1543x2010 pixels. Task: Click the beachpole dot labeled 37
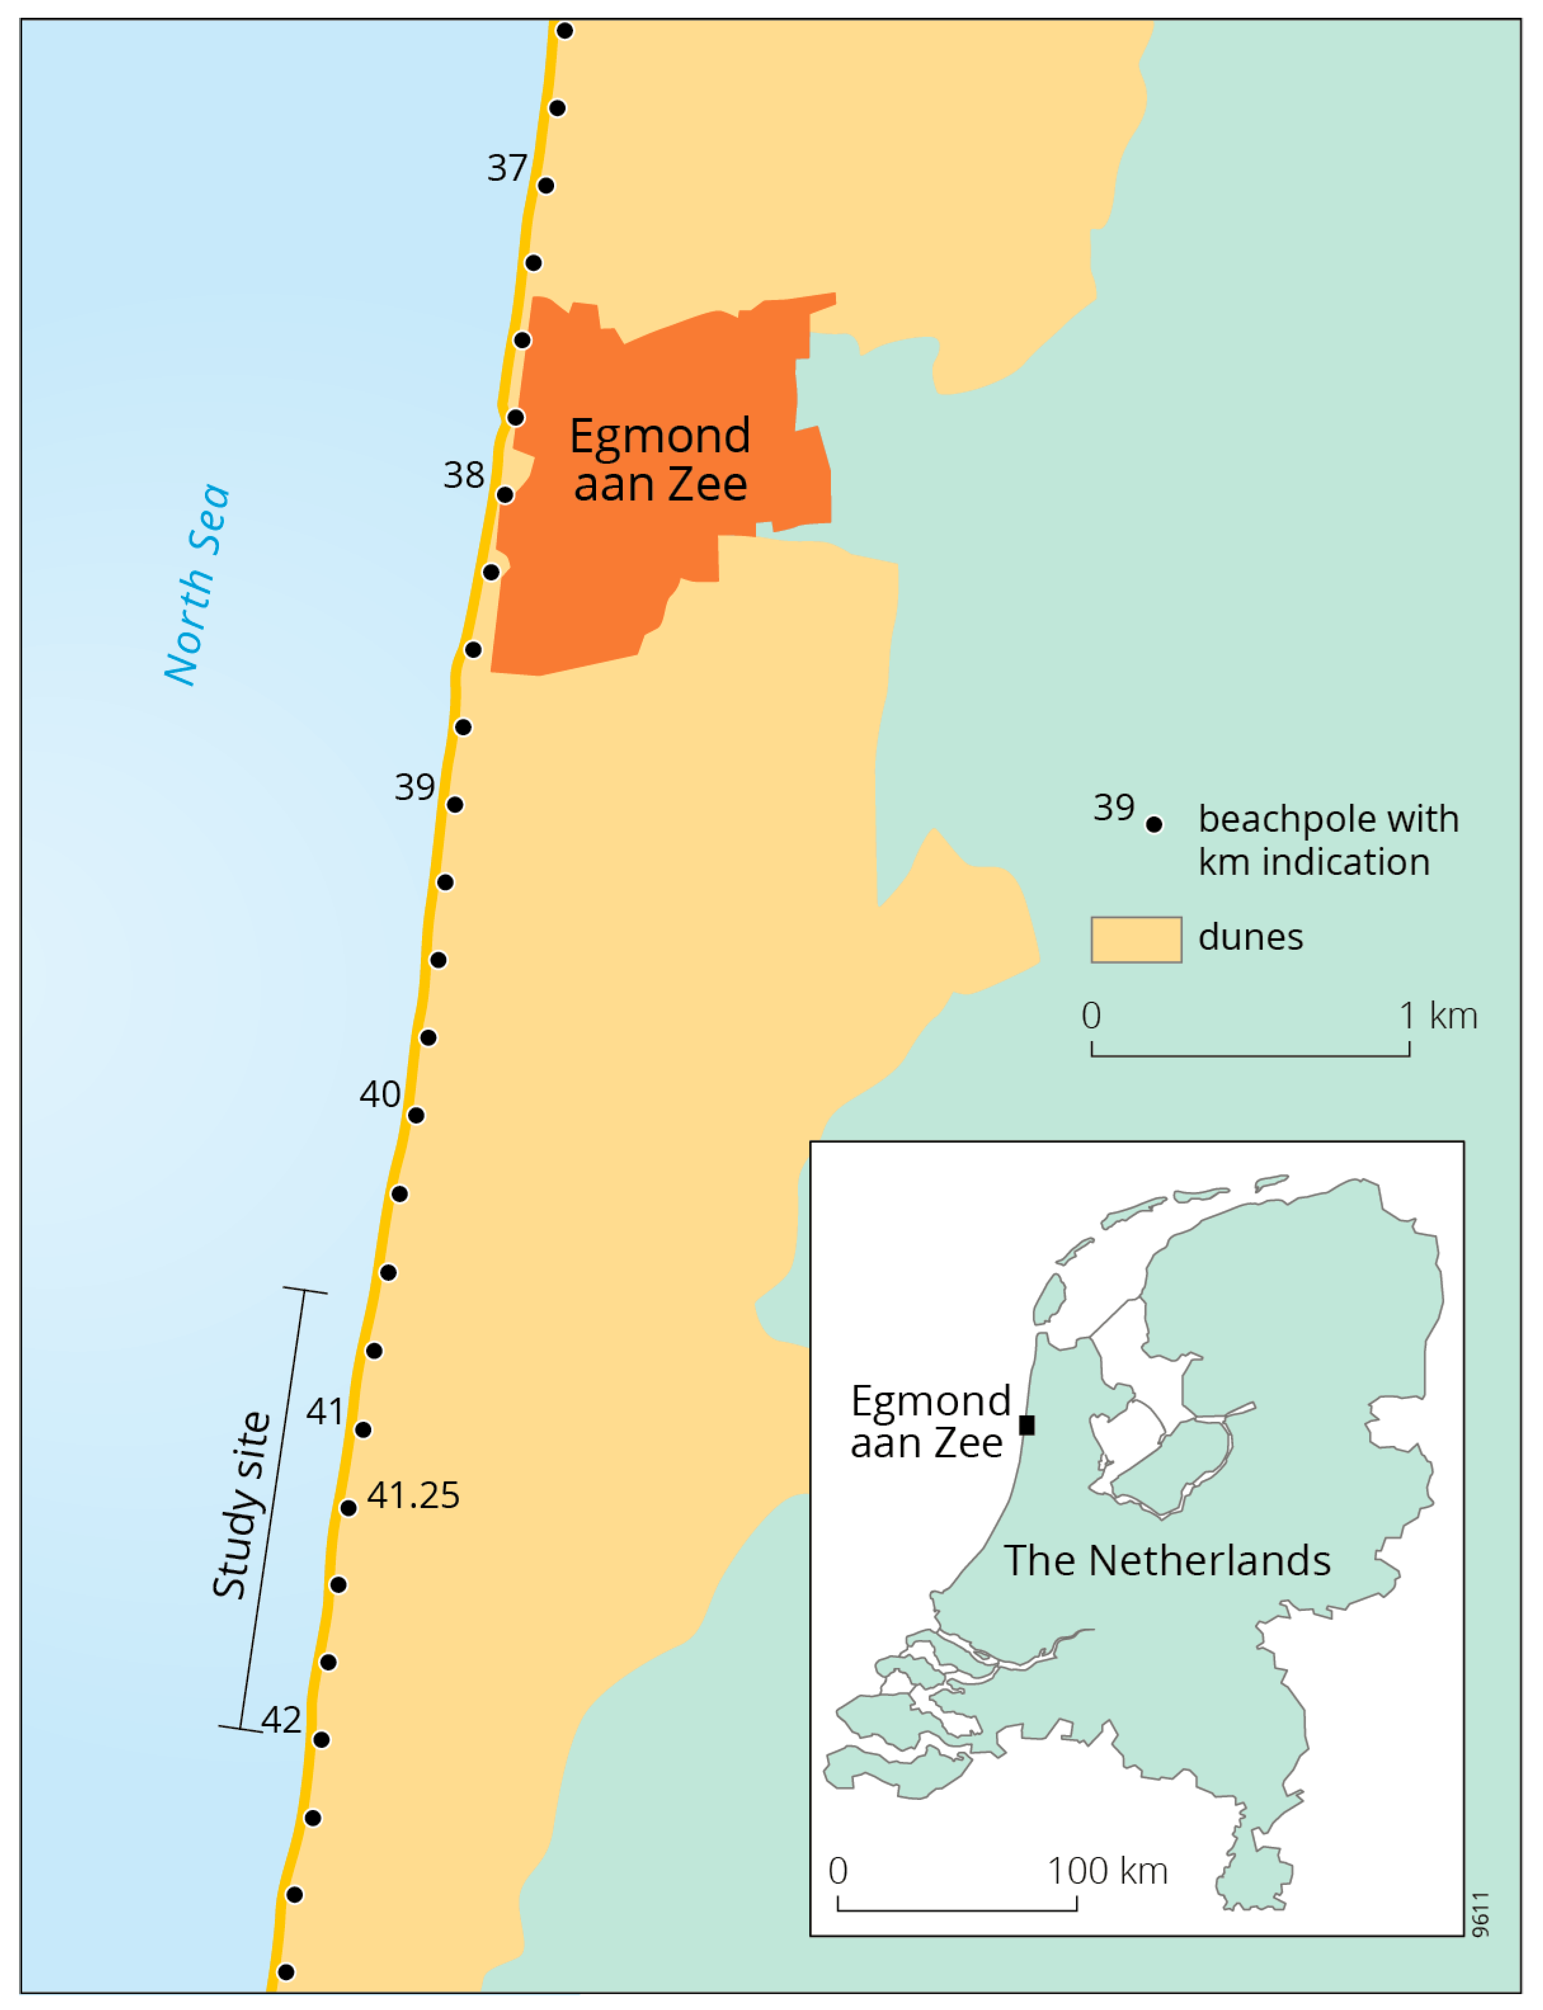(x=546, y=185)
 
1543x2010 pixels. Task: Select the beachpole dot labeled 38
(x=505, y=495)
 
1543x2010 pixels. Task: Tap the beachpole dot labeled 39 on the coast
(x=454, y=805)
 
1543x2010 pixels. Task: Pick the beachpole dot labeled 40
(x=416, y=1115)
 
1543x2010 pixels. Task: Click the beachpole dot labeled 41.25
(x=348, y=1507)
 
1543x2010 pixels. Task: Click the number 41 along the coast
(x=325, y=1411)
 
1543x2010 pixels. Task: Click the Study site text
(x=242, y=1506)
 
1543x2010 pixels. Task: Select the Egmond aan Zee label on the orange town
(x=659, y=459)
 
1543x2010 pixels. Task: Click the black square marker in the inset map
(x=1027, y=1425)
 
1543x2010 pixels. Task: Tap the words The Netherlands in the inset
(x=1167, y=1561)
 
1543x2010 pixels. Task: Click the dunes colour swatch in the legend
(x=1136, y=940)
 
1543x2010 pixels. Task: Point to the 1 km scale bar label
(x=1438, y=1016)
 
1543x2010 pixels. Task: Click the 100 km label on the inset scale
(x=1108, y=1871)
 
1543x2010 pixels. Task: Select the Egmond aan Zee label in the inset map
(x=929, y=1421)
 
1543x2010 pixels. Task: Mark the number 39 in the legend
(x=1113, y=807)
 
